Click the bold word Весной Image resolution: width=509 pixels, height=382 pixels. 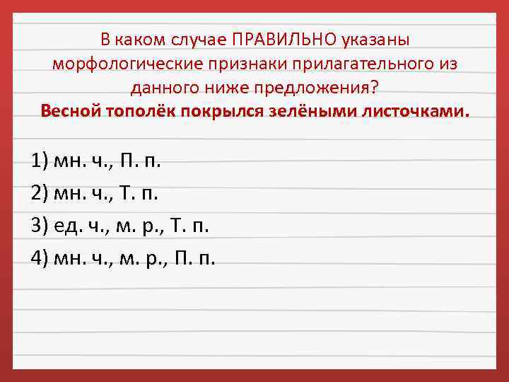72,112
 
